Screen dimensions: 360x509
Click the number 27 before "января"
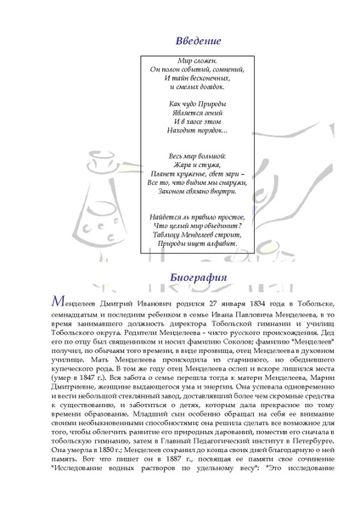pyautogui.click(x=199, y=302)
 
